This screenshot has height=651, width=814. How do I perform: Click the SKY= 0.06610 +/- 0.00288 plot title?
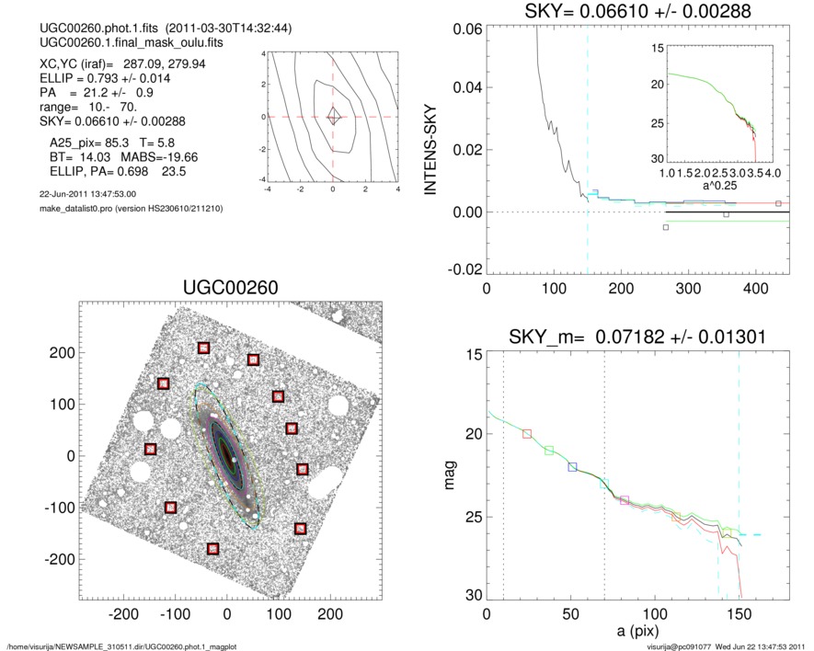coord(636,11)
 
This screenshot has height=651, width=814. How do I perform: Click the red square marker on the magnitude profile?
coord(527,433)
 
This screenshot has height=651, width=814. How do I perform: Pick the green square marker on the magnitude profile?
coord(549,451)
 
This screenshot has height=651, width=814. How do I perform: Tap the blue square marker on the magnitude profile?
coord(573,467)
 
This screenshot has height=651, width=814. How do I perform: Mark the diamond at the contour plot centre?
coord(333,117)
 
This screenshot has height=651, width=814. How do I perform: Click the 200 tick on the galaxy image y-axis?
coord(64,352)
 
